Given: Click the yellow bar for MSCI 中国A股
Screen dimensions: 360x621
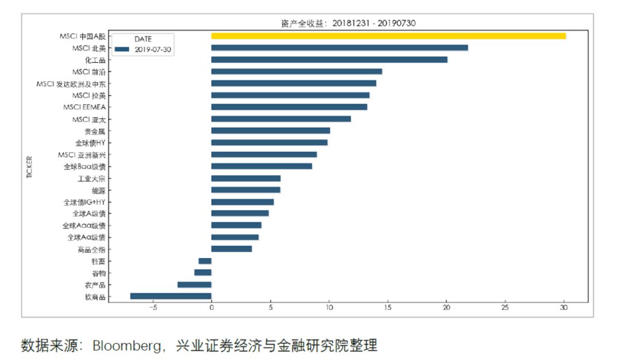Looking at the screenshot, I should (x=388, y=36).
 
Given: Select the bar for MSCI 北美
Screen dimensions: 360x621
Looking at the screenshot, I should (x=339, y=48).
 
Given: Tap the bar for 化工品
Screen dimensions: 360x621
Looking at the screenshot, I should (x=329, y=59).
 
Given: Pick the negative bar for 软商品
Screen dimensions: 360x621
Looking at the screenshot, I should (x=171, y=296).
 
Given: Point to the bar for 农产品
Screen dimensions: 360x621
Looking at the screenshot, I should (x=194, y=285).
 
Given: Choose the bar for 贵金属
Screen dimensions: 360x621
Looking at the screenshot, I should (x=270, y=131).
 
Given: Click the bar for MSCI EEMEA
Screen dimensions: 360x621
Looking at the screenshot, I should (x=289, y=107).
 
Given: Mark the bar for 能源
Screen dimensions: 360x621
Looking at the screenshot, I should (x=246, y=190).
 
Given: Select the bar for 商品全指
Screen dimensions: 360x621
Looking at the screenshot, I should (x=231, y=249).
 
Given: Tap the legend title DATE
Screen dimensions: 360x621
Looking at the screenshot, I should (x=143, y=39).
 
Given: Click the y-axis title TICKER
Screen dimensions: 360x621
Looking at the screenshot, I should (x=30, y=166).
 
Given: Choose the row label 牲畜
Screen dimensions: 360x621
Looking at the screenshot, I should (x=98, y=261).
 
